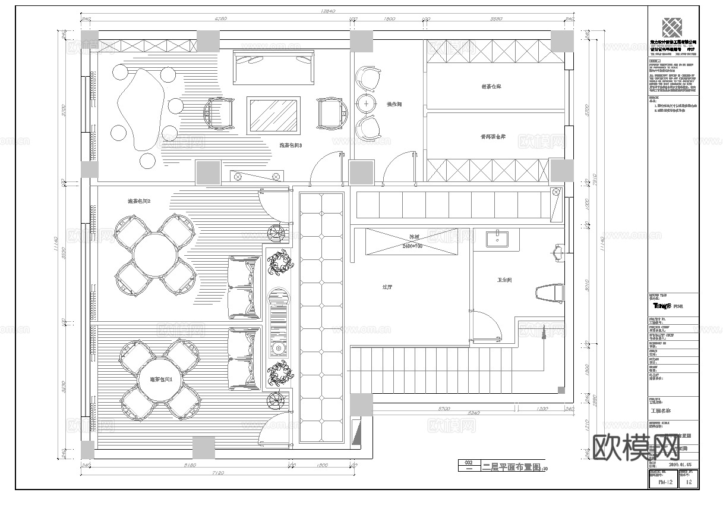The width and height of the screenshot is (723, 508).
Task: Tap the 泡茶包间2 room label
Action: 139,202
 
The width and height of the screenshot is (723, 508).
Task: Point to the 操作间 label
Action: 394,104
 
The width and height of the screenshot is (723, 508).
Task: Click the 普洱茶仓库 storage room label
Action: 492,137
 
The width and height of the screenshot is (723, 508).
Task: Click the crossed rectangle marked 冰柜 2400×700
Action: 412,242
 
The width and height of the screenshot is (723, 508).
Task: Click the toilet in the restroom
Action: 550,293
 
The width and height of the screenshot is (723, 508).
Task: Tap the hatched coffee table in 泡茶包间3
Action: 273,115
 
